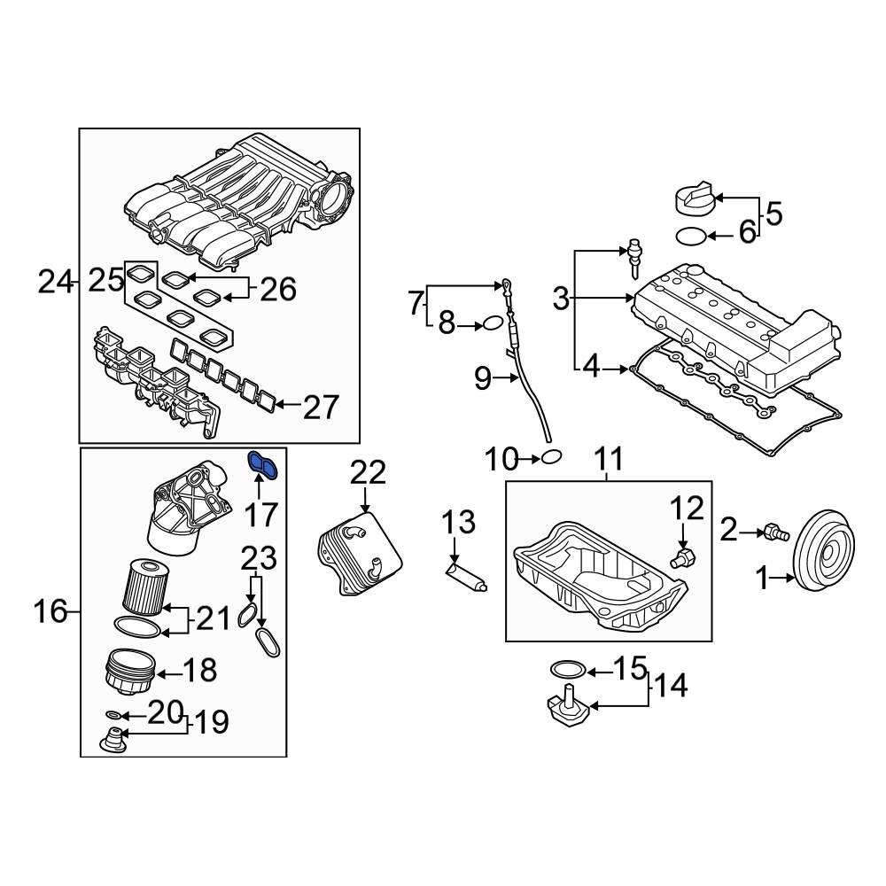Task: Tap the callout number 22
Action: [x=367, y=473]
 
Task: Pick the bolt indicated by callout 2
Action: [x=776, y=532]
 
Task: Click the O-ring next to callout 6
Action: [x=691, y=236]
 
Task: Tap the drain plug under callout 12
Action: [x=682, y=557]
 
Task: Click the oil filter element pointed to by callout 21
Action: [x=143, y=587]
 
